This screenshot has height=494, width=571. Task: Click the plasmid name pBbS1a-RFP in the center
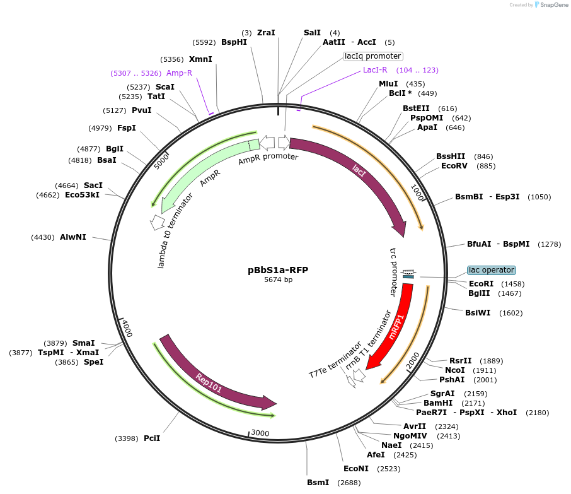click(278, 270)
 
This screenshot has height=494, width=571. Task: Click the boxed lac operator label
click(492, 270)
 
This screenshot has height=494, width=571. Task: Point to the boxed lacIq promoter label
click(373, 56)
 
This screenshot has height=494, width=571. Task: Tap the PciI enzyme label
click(152, 438)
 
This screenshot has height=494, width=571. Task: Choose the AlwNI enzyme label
click(73, 237)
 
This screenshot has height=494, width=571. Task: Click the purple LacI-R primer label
click(375, 70)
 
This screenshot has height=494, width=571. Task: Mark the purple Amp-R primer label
click(179, 73)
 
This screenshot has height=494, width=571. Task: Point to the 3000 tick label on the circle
click(260, 433)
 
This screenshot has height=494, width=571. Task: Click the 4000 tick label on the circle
click(127, 328)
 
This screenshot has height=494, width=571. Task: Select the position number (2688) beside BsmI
click(350, 483)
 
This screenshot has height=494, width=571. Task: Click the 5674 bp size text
click(278, 279)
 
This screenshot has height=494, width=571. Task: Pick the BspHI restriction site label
click(234, 42)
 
